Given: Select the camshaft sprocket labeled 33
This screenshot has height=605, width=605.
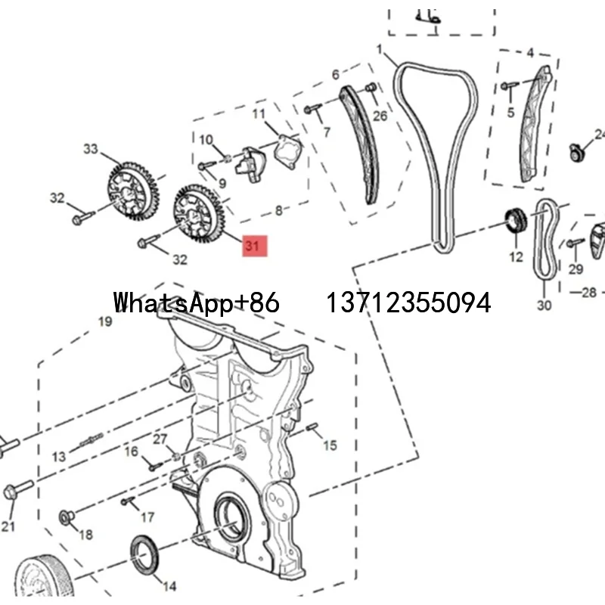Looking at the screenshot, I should (127, 190).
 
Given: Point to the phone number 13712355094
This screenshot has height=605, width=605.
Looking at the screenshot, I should (408, 302).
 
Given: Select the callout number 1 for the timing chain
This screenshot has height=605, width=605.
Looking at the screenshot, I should (380, 50).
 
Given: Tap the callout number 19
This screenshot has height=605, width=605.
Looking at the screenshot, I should (104, 321).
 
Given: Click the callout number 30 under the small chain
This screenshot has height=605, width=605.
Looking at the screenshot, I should (544, 306).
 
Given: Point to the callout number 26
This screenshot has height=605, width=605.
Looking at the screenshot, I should (380, 116).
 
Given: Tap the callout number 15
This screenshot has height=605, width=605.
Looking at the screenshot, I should (330, 446).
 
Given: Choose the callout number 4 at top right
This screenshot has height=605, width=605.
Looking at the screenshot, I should (530, 53).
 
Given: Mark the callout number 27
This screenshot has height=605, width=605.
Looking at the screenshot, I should (160, 439).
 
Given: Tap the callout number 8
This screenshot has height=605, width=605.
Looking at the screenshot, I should (278, 212).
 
